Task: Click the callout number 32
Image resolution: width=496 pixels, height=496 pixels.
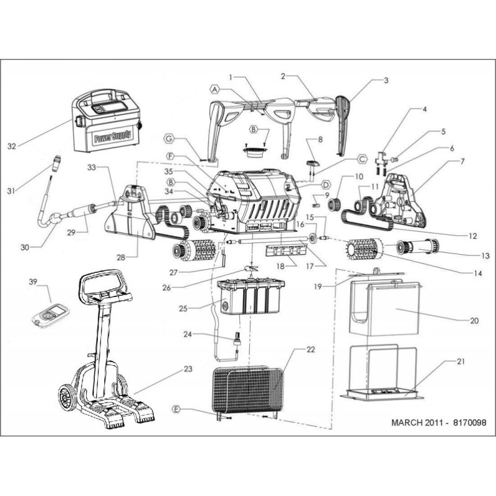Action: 12,146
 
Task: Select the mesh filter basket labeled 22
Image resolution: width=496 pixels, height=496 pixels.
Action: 247,389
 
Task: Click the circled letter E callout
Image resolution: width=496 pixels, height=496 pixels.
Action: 177,410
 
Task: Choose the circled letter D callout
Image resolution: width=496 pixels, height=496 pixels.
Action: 325,185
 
